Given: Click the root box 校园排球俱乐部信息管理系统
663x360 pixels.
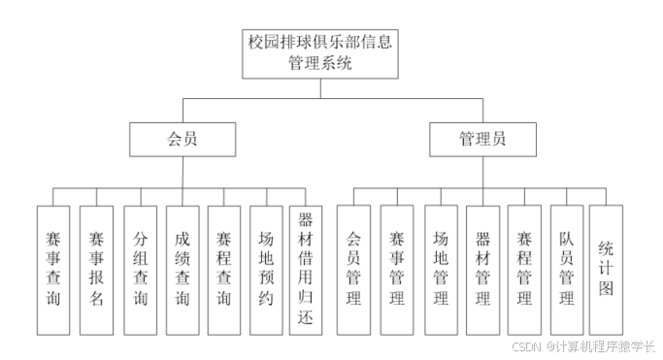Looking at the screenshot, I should coord(321,52).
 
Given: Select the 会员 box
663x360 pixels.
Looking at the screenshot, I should coord(182,139).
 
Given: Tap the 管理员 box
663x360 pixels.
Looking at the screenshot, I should coord(482,139).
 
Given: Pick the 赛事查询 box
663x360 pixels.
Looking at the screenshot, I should coord(52,269).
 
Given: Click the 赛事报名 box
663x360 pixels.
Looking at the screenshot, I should coord(95,269).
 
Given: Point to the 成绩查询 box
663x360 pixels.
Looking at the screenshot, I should coord(182,269).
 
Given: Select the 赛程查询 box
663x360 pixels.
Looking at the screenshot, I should coord(224,269).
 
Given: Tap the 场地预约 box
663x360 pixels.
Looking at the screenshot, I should coord(266,269).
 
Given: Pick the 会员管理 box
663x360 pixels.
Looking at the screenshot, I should coord(353,269).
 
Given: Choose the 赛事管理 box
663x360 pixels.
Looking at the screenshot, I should coord(396,269).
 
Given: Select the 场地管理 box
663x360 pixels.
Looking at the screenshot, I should coord(440,269).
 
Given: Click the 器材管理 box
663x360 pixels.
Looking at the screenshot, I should coord(482,269).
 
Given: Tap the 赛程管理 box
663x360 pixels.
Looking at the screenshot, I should coord(524,269).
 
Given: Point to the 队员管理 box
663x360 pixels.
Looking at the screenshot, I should coord(567,269).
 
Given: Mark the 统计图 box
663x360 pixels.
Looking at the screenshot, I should coord(606,269).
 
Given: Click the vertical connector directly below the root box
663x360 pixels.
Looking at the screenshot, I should coord(321,87).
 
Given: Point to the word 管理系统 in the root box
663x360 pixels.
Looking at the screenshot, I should coord(321,63).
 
